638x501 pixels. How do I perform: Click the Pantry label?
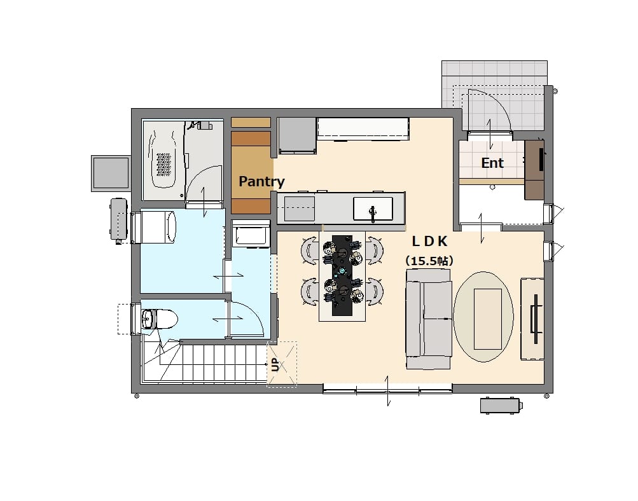pos(261,181)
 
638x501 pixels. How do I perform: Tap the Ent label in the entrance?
pos(492,163)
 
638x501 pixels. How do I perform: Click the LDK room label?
pos(429,241)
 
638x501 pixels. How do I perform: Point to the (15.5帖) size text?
pos(429,261)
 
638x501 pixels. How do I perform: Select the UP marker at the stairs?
pos(275,364)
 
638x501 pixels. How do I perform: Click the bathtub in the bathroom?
pos(164,160)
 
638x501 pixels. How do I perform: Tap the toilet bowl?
pos(159,319)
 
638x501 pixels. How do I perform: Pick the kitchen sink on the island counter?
pos(373,209)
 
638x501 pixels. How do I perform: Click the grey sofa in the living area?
pos(429,319)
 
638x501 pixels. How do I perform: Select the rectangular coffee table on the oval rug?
pos(487,319)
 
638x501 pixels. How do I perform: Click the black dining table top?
pos(343,275)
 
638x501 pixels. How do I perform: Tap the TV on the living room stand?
pos(536,313)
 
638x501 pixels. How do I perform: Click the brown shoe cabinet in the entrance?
pos(534,170)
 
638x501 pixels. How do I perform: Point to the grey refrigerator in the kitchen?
pos(297,135)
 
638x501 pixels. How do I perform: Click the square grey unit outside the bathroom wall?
pos(111,173)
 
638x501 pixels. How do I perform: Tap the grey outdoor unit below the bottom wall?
pos(501,406)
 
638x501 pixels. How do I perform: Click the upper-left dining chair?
pos(310,249)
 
